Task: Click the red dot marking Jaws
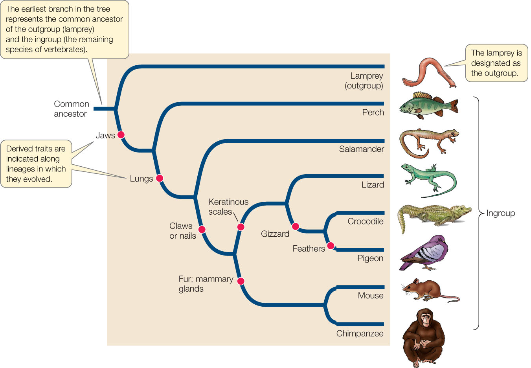[x=121, y=135]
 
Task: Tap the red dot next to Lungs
[x=160, y=178]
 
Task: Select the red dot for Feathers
[x=331, y=246]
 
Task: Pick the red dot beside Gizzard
[x=296, y=226]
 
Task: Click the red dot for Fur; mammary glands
[x=241, y=281]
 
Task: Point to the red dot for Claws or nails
[x=202, y=229]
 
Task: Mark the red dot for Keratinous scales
[x=241, y=227]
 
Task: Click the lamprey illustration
[x=428, y=73]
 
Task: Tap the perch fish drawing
[x=428, y=105]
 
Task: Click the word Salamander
[x=361, y=149]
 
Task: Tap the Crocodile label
[x=365, y=221]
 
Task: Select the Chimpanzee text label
[x=360, y=333]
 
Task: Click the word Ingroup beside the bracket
[x=500, y=213]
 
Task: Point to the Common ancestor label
[x=71, y=109]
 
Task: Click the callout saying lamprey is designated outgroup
[x=496, y=63]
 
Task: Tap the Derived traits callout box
[x=36, y=164]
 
